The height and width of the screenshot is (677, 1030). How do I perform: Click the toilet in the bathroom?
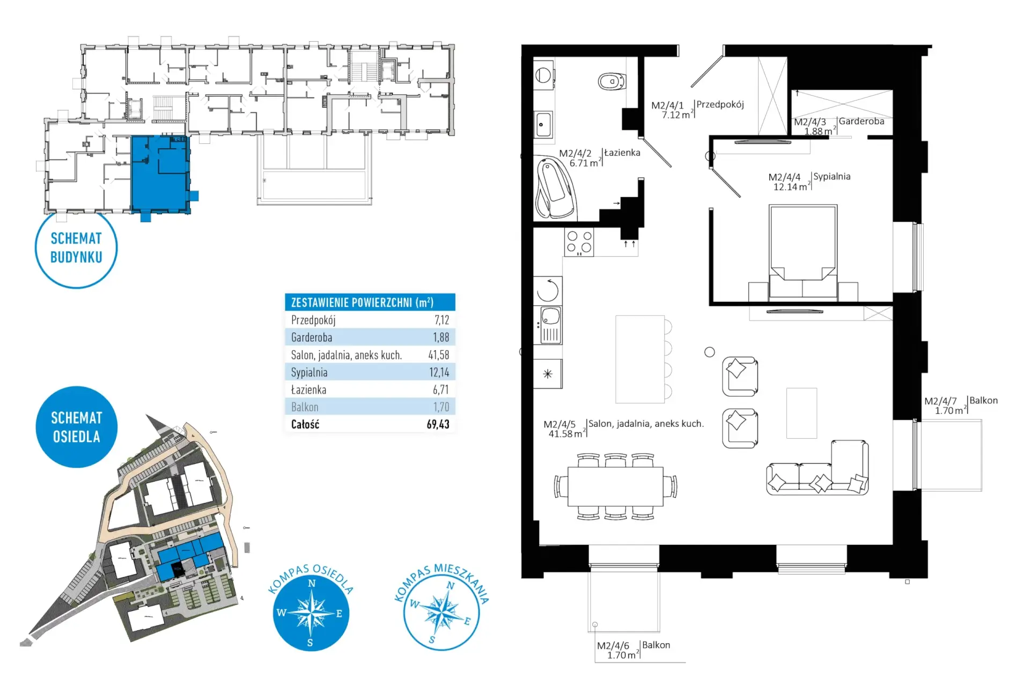coord(612,82)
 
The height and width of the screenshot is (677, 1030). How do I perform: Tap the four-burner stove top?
coord(579,242)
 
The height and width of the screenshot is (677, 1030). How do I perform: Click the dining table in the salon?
coord(615,486)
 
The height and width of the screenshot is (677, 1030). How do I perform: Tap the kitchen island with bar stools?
coord(643,359)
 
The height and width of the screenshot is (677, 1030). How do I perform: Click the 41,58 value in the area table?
coord(438,355)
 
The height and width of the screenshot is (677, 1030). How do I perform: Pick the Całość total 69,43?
coord(438,424)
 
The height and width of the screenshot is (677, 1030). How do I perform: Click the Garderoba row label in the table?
coord(312,337)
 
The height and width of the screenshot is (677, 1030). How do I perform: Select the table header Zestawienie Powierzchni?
coord(362,302)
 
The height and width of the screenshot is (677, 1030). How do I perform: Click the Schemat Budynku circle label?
coord(76,247)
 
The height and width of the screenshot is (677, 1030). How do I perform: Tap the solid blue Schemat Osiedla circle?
coord(76,427)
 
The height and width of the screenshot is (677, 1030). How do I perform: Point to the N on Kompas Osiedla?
coord(312,584)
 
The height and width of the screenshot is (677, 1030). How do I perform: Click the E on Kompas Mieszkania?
coord(467,621)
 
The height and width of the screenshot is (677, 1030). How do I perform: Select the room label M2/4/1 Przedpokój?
coord(697,110)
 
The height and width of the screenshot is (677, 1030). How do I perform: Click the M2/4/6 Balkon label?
coord(634,650)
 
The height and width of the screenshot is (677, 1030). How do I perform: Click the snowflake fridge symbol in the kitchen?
coord(547,374)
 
